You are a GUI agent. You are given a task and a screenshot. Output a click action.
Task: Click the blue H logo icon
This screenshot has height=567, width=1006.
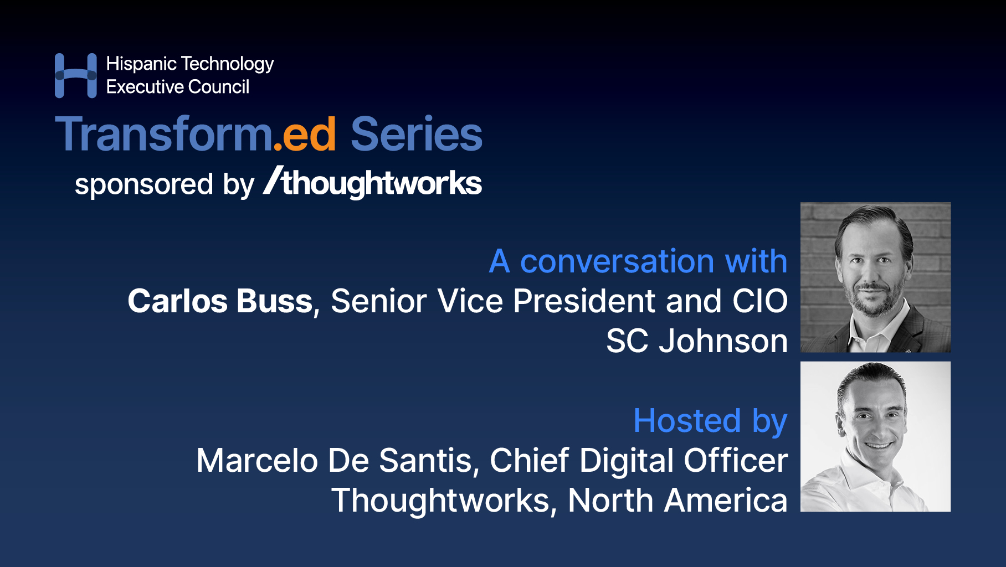[75, 76]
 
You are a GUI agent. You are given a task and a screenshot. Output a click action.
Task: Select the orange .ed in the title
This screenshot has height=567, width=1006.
[305, 135]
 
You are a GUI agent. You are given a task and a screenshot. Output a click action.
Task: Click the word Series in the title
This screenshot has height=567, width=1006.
[416, 135]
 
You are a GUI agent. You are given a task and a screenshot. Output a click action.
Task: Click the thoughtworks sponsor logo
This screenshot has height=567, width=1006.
[373, 182]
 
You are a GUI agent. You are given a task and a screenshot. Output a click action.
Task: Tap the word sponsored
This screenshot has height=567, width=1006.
[143, 185]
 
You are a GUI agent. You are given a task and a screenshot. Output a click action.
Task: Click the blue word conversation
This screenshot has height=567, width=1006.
[617, 261]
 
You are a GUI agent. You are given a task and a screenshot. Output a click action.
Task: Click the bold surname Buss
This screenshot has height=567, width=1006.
[275, 301]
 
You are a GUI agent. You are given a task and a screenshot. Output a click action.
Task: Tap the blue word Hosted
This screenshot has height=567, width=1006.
[687, 421]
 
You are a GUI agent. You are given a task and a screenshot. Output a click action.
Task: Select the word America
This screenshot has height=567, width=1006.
[725, 501]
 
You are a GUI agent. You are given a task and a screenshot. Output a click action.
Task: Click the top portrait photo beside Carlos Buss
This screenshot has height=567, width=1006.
[875, 277]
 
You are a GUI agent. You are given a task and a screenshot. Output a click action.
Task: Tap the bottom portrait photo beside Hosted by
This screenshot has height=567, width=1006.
[875, 436]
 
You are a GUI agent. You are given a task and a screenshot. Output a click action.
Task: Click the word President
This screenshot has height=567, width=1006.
[584, 301]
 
